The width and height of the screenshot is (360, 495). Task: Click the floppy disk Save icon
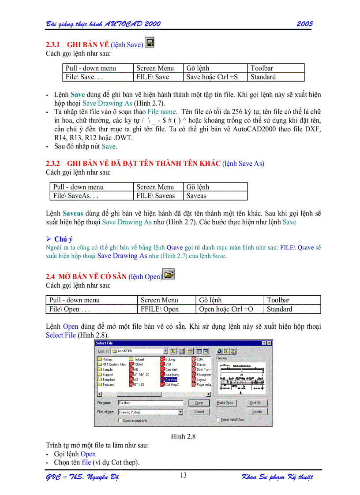click(x=150, y=43)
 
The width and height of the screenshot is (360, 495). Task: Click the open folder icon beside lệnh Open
click(x=169, y=275)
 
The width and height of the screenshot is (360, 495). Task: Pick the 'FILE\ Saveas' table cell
click(x=155, y=196)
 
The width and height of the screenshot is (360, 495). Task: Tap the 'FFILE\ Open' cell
click(x=159, y=309)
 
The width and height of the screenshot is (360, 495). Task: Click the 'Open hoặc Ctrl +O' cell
click(x=226, y=309)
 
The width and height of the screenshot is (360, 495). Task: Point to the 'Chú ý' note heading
click(x=63, y=239)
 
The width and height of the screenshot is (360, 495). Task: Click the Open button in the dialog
click(x=199, y=403)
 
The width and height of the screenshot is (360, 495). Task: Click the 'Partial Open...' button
click(x=225, y=403)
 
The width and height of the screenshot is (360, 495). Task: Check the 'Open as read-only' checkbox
click(x=120, y=420)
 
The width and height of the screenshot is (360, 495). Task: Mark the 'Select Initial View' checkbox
click(x=217, y=420)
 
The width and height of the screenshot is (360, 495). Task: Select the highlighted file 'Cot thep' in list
click(x=171, y=380)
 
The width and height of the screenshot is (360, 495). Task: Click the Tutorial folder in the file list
click(x=139, y=360)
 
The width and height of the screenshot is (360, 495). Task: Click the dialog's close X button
click(x=269, y=343)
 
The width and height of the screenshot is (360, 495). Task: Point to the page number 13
click(x=183, y=475)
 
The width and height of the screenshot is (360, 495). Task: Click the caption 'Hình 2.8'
click(x=183, y=437)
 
